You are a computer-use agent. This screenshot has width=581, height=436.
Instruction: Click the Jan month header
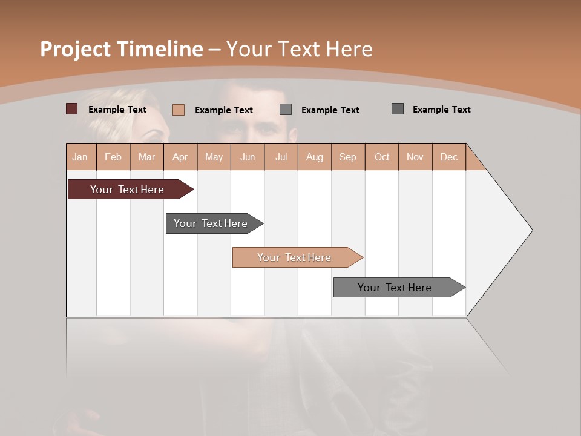pos(80,157)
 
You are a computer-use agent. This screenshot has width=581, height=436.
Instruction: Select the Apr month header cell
pos(180,157)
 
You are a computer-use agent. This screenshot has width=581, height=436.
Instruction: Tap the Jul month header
pos(281,157)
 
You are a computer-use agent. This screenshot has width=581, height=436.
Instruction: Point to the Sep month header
pos(347,157)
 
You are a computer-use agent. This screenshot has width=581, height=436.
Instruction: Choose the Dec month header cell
pos(448,157)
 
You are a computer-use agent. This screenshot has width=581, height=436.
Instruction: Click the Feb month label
pos(113,157)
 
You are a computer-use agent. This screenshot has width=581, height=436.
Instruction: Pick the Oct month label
pos(382,157)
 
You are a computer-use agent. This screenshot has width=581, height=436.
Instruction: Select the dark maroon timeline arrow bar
pos(127,190)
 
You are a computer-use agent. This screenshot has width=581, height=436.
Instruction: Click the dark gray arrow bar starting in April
pos(211,223)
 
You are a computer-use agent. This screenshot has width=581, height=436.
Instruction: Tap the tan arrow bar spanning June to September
pos(294,257)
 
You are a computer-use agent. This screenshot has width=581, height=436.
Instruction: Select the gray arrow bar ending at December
pos(395,288)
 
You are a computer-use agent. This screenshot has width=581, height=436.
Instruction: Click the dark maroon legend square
pos(71,109)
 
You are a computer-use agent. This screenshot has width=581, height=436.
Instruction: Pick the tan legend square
pos(178,110)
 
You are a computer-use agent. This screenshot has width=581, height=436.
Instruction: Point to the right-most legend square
pos(397,109)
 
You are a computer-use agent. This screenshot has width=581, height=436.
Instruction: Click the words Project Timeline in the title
pos(121,49)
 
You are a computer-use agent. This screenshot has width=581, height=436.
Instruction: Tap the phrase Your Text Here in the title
pos(300,49)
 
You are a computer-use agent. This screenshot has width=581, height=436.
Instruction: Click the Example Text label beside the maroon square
pos(117,110)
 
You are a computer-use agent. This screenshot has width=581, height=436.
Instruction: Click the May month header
pos(214,157)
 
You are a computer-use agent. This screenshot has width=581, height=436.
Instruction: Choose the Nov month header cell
pos(415,157)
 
